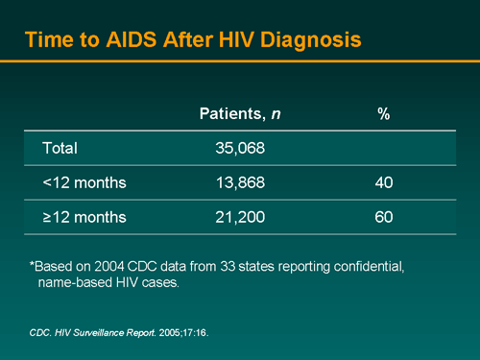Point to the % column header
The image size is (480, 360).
383,113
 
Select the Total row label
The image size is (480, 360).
60,149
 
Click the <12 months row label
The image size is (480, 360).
84,182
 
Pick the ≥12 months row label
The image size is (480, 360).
84,218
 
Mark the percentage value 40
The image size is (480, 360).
383,182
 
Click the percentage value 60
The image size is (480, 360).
383,218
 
